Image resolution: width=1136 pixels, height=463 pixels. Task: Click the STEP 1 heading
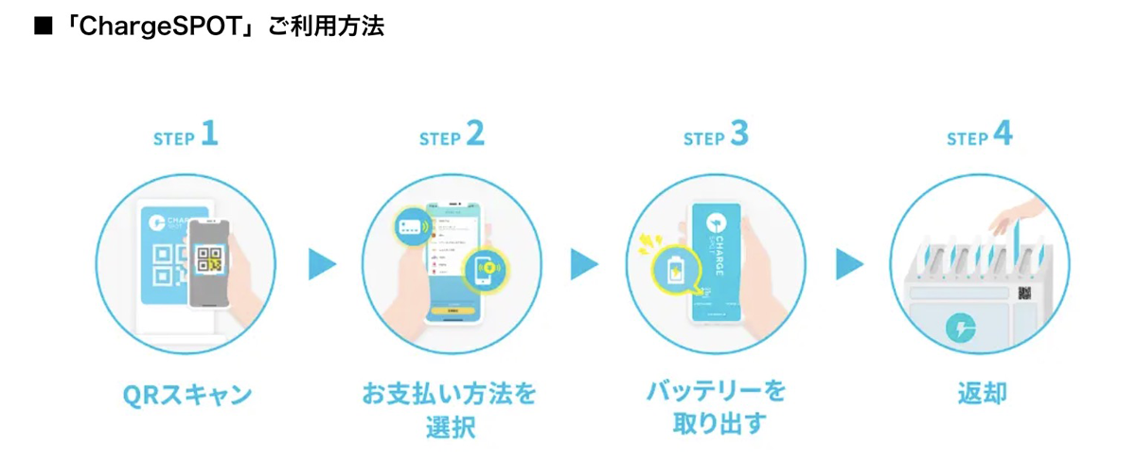tap(186, 136)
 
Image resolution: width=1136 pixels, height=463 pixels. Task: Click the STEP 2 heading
tap(452, 136)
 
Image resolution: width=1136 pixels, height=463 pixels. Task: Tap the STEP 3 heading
tap(716, 136)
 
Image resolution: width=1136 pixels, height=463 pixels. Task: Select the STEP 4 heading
tap(980, 136)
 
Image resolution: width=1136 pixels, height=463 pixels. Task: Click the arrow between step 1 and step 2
tap(322, 264)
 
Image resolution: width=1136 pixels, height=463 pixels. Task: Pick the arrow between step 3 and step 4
tap(849, 264)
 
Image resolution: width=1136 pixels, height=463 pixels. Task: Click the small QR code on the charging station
tap(1024, 293)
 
